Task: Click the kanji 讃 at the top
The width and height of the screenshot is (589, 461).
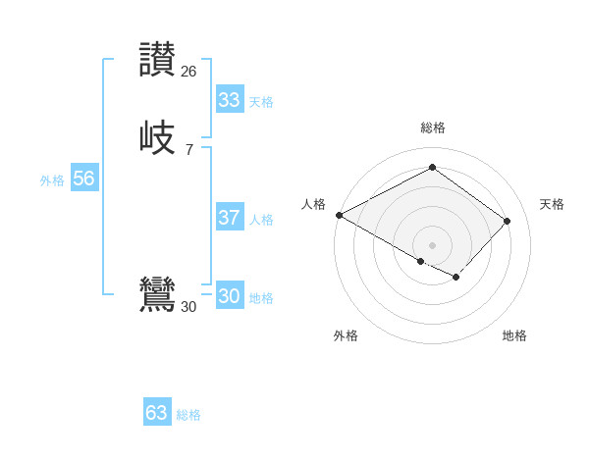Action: point(158,59)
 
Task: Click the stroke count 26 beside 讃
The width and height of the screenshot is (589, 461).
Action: point(188,71)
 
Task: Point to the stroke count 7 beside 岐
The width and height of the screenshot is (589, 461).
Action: point(188,149)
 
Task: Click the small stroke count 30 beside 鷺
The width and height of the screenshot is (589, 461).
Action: point(188,306)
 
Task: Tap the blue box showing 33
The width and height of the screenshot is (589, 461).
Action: point(229,100)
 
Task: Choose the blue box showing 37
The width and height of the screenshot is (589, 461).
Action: point(229,218)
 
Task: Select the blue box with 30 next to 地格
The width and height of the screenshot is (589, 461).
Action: point(229,296)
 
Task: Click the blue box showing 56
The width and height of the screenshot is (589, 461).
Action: point(83,179)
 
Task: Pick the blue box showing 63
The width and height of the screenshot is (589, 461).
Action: point(156,413)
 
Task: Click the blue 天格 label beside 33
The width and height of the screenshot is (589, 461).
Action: point(261,102)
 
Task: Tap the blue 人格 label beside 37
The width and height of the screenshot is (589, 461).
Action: point(261,220)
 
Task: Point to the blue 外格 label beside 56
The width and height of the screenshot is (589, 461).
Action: point(52,180)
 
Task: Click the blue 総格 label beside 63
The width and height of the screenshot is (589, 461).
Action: point(188,415)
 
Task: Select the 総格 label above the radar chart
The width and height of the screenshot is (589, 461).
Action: point(432,128)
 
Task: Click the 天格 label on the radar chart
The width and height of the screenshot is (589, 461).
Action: point(552,204)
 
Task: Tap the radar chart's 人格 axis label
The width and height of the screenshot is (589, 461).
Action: point(313,204)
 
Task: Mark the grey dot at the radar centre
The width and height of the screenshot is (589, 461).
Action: point(432,244)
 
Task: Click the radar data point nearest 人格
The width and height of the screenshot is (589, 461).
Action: point(339,215)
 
